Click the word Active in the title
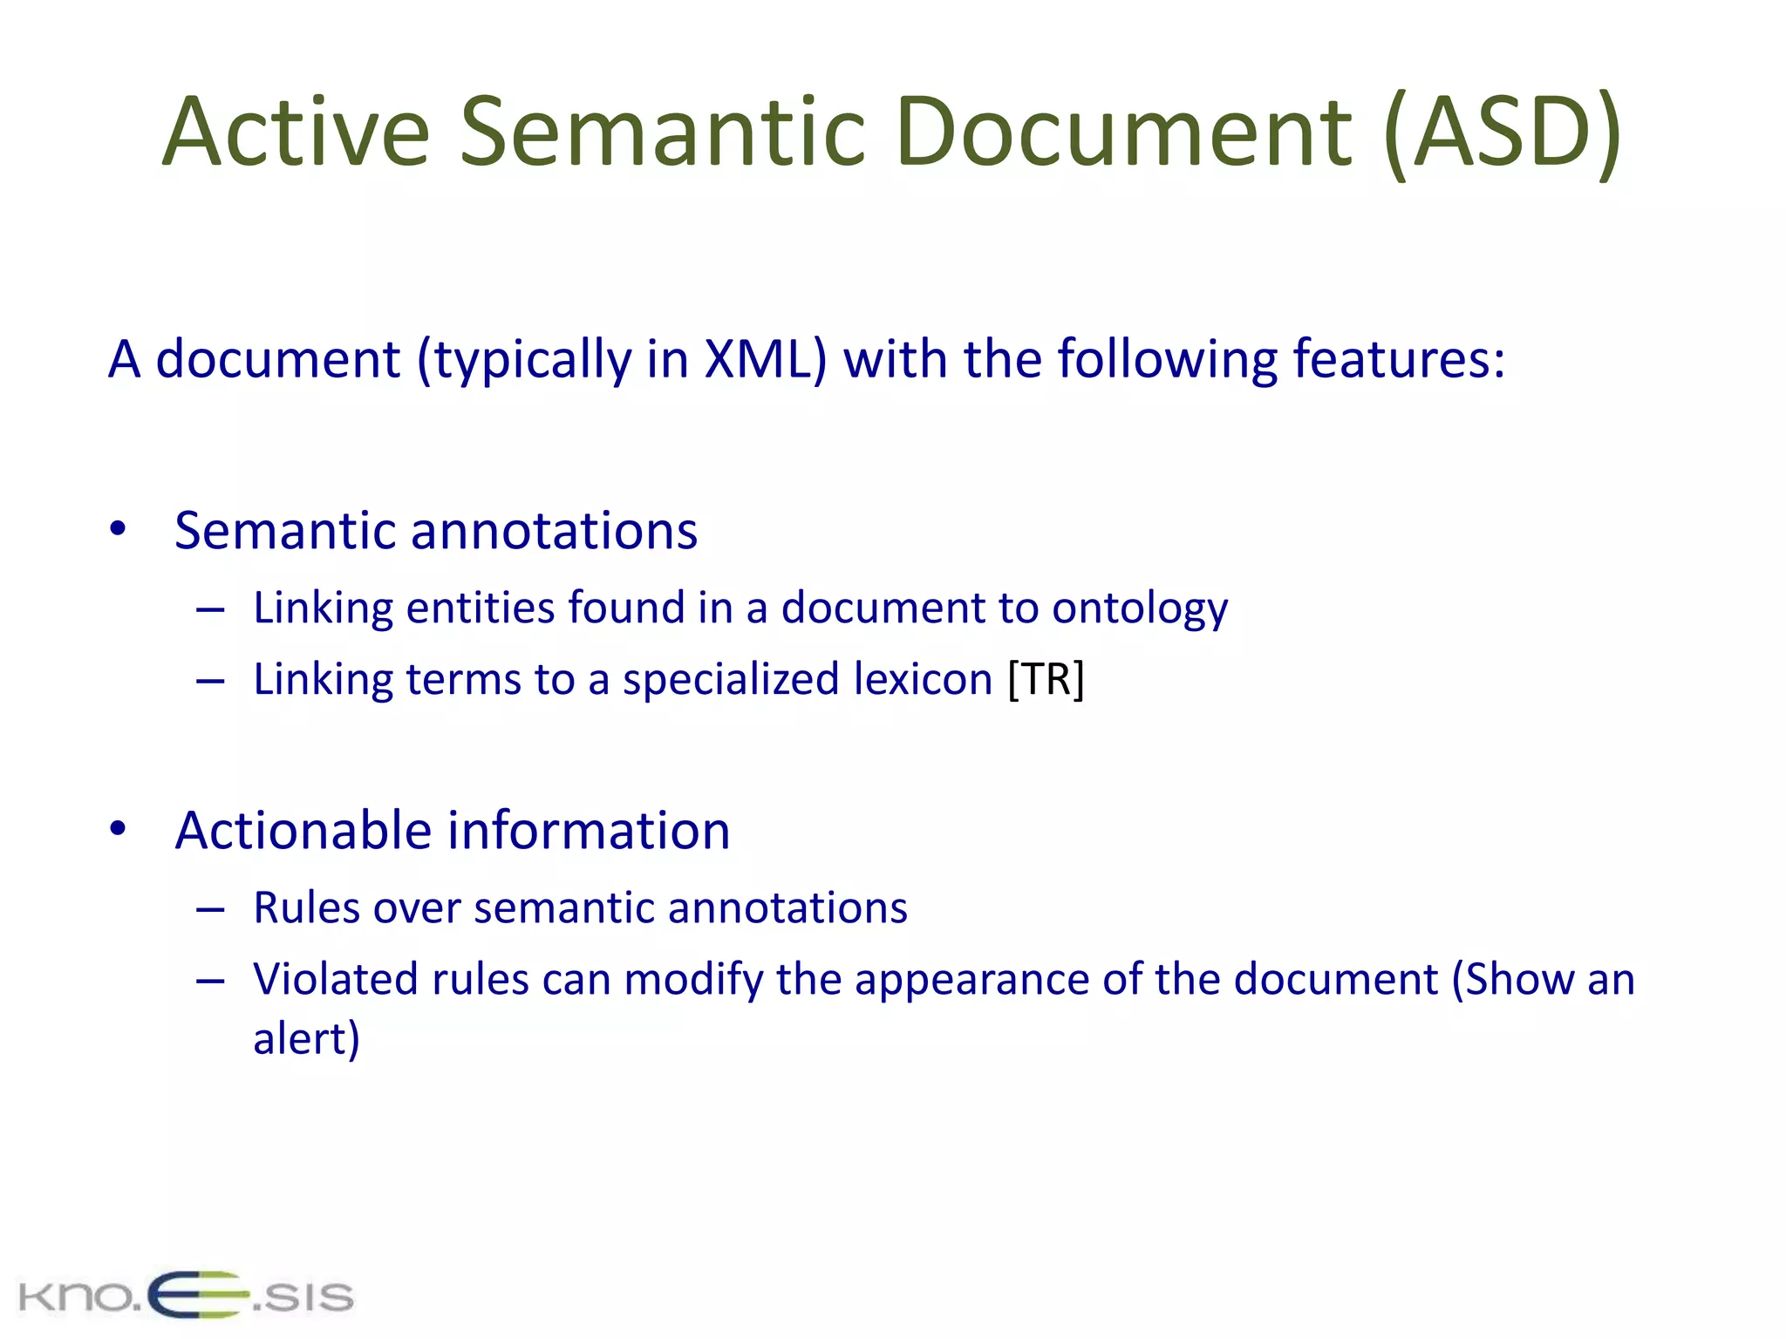click(296, 133)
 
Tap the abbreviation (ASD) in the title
click(1502, 133)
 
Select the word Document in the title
click(1124, 133)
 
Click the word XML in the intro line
click(765, 358)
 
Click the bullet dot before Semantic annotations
click(119, 529)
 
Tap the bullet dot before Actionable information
click(119, 829)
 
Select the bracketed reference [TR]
click(1046, 679)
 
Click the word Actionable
click(303, 830)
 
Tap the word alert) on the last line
click(306, 1039)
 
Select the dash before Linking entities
click(210, 609)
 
